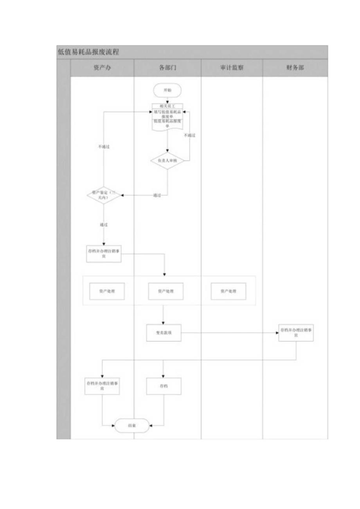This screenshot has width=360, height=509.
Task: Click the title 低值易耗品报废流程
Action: click(x=88, y=52)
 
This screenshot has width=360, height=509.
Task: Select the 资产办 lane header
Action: click(x=103, y=68)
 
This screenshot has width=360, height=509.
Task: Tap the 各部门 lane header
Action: click(x=167, y=68)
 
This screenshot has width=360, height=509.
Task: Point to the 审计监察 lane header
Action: click(x=232, y=68)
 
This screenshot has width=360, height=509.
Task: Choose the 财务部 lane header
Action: click(x=295, y=68)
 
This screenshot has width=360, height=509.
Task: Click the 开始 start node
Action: click(x=167, y=90)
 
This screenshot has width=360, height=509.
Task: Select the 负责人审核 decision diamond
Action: click(x=167, y=160)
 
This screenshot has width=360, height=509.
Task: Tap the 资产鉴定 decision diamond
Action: click(x=103, y=195)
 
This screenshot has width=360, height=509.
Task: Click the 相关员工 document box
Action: click(x=167, y=106)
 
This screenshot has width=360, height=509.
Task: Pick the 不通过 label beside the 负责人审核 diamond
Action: click(x=190, y=135)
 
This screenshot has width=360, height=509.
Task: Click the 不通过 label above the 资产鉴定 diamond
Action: click(x=103, y=147)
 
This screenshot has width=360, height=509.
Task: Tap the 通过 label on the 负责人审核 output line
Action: click(x=157, y=195)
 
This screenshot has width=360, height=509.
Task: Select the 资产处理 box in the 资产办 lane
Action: click(x=107, y=291)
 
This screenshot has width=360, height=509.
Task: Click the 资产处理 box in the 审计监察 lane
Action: click(x=229, y=291)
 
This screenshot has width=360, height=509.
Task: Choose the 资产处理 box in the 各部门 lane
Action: click(x=166, y=291)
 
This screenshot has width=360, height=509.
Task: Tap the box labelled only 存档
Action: click(x=164, y=386)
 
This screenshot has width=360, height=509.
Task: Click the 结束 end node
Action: click(x=132, y=426)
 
